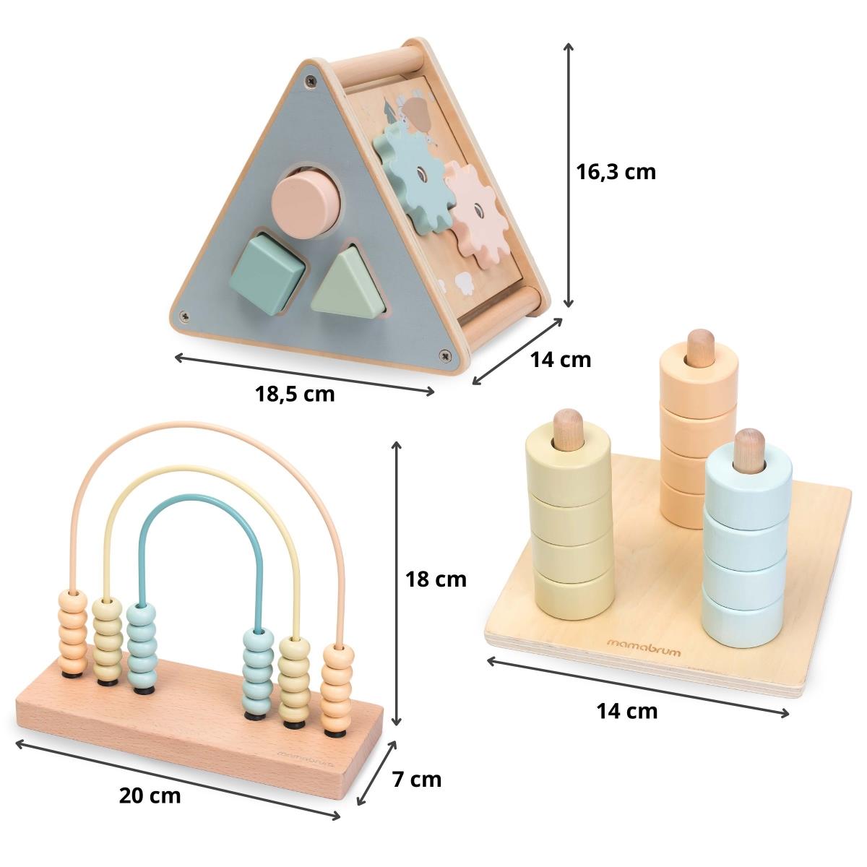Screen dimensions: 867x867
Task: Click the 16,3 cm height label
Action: (x=616, y=172)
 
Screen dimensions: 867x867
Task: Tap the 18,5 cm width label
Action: (x=295, y=394)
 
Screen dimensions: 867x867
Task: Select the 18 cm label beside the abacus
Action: (x=435, y=579)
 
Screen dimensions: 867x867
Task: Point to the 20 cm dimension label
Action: (x=150, y=796)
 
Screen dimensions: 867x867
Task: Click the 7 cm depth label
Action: (x=416, y=780)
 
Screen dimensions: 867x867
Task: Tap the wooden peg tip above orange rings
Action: (x=699, y=345)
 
